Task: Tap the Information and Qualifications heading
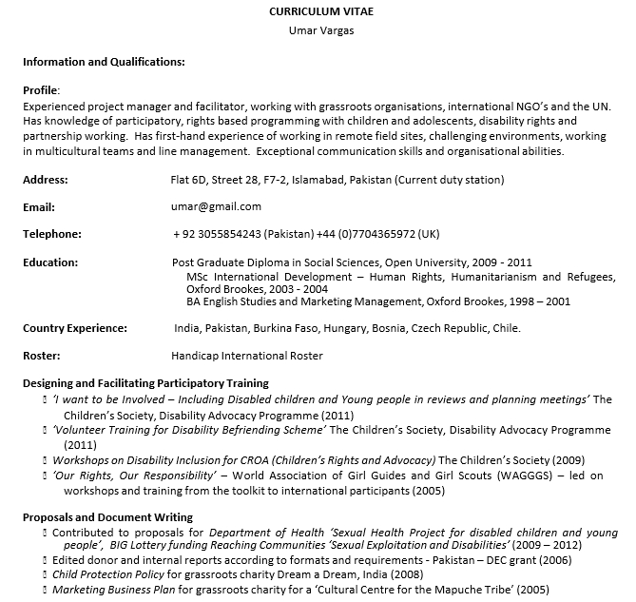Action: (104, 62)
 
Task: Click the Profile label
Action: (40, 89)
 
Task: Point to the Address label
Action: (45, 180)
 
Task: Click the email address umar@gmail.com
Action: (216, 206)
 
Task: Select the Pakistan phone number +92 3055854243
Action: (217, 234)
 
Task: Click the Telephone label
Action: (51, 234)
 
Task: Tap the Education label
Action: (50, 262)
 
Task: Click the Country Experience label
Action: (75, 328)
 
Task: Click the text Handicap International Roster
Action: (247, 356)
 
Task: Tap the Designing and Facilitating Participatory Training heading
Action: (145, 382)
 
